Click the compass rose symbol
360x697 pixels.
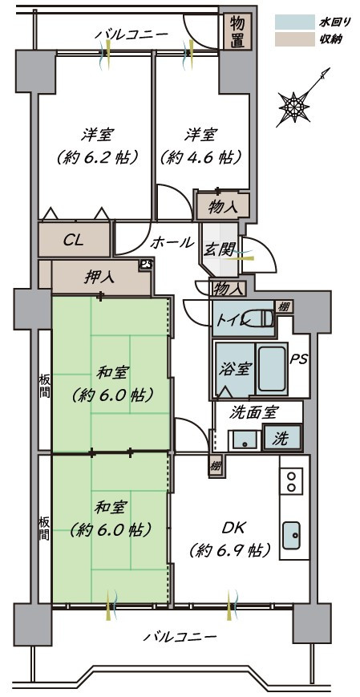click(x=294, y=105)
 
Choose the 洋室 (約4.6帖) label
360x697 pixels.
click(x=201, y=145)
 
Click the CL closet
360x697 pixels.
click(x=74, y=240)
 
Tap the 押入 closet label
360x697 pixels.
click(x=99, y=278)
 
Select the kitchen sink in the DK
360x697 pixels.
click(x=292, y=533)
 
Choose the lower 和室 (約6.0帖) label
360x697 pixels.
click(x=111, y=518)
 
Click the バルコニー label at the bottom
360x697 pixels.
click(x=180, y=637)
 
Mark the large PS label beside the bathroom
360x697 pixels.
click(x=298, y=359)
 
